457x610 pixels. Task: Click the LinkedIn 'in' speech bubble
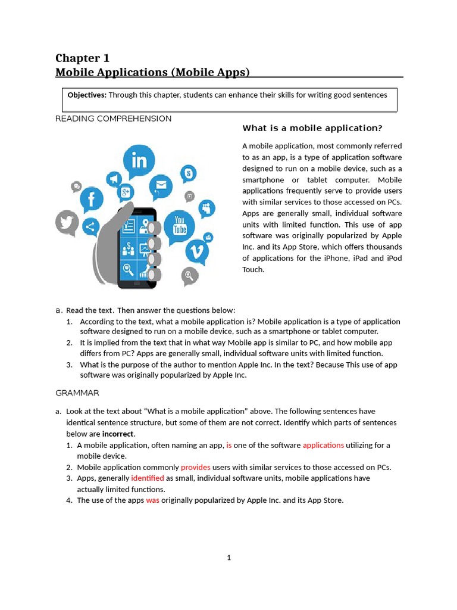pos(139,161)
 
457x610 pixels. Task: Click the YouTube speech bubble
pos(179,225)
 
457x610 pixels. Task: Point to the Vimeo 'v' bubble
pos(197,251)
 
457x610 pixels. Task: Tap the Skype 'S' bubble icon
pos(189,174)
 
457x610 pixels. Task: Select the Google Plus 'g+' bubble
pos(126,192)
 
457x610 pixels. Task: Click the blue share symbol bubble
pos(90,227)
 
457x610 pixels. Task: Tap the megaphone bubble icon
pos(113,179)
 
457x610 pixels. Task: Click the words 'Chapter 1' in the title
pos(82,58)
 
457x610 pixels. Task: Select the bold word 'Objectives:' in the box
pos(87,95)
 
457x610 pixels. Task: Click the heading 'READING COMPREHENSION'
pos(113,119)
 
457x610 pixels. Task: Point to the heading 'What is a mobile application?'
pos(312,128)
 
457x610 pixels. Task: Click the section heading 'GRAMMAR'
pos(77,393)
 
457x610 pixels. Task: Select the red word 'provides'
pos(196,467)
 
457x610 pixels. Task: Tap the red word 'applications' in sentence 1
pos(323,445)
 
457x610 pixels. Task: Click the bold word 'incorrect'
pos(118,434)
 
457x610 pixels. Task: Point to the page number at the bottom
pos(228,558)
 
